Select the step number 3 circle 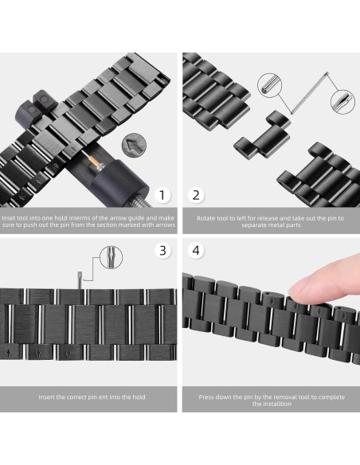(x=162, y=250)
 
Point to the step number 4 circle (x=196, y=250)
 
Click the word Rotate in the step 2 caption (x=209, y=217)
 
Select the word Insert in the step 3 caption (x=49, y=397)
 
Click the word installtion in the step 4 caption (x=272, y=404)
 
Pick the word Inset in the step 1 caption (x=10, y=217)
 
